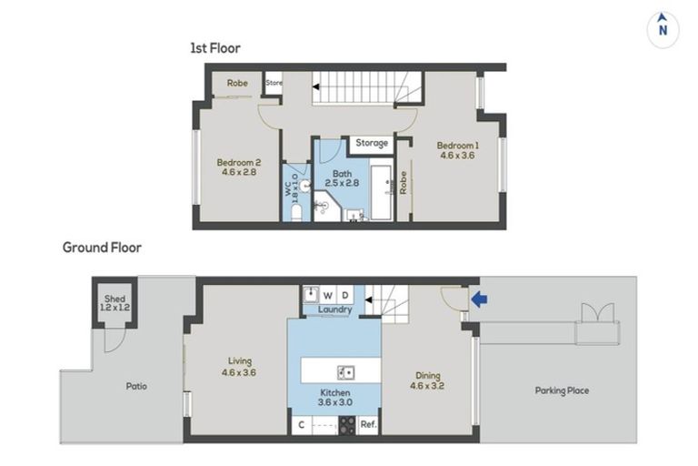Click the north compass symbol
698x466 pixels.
coord(663,29)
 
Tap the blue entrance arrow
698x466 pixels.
coord(479,299)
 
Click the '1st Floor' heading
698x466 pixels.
coord(215,48)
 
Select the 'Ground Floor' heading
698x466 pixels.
coord(102,248)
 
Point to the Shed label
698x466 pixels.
coord(115,299)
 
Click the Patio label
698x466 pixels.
coord(136,386)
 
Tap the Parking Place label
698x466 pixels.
coord(562,390)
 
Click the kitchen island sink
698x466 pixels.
coord(345,372)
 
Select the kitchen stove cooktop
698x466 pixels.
coord(348,425)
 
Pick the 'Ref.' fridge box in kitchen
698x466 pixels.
coord(369,424)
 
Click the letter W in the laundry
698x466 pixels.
coord(328,295)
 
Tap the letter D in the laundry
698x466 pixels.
coord(345,295)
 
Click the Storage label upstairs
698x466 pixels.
coord(372,143)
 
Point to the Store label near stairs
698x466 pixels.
coord(274,83)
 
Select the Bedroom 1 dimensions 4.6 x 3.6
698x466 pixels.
coord(458,156)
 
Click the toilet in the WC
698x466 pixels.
coord(296,213)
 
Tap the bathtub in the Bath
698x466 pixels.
coord(381,193)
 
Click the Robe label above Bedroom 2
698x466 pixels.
coord(237,83)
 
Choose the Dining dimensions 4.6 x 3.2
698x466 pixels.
coord(427,386)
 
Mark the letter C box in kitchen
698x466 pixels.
coord(302,425)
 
